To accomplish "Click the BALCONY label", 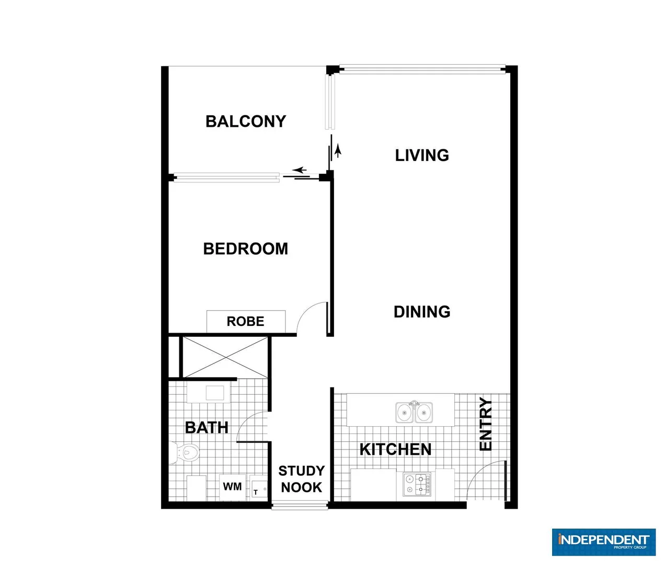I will point(246,122).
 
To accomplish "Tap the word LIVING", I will point(421,155).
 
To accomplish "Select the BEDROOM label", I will point(245,249).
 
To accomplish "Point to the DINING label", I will point(421,312).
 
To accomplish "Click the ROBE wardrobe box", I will point(246,321).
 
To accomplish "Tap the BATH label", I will point(207,428).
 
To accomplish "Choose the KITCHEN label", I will point(395,450).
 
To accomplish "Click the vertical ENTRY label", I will point(486,424).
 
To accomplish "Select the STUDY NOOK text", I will point(301,479).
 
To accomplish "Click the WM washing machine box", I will point(232,487).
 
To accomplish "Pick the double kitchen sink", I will point(414,413).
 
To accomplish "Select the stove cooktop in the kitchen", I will point(417,484).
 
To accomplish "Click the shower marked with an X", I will point(225,357).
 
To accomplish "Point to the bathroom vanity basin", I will point(214,393).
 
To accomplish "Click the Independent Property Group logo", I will point(603,542).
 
